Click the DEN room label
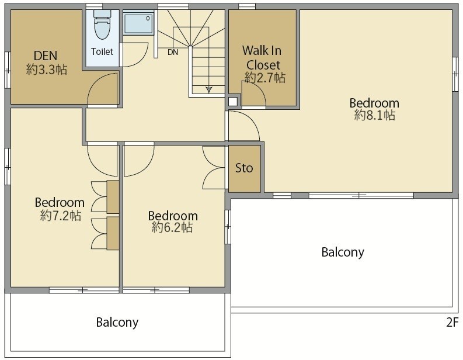pos(46,56)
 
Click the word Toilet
pos(102,52)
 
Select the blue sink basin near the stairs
pos(138,23)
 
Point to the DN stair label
pos(173,53)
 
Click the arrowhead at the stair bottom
pos(209,89)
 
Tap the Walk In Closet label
pos(262,58)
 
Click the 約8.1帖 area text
pos(374,115)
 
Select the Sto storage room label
pos(244,168)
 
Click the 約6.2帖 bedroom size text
pos(172,227)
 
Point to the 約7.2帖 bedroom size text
pos(61,216)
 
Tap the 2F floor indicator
pos(452,323)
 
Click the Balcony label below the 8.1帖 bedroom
pos(343,252)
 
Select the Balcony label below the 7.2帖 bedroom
pos(117,322)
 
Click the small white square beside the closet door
pos(233,101)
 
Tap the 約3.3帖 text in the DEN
pos(47,70)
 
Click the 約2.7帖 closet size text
pos(265,78)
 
